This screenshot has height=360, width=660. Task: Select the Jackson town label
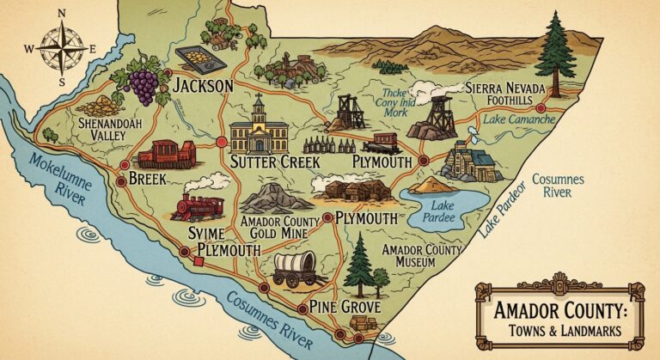coord(203,86)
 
